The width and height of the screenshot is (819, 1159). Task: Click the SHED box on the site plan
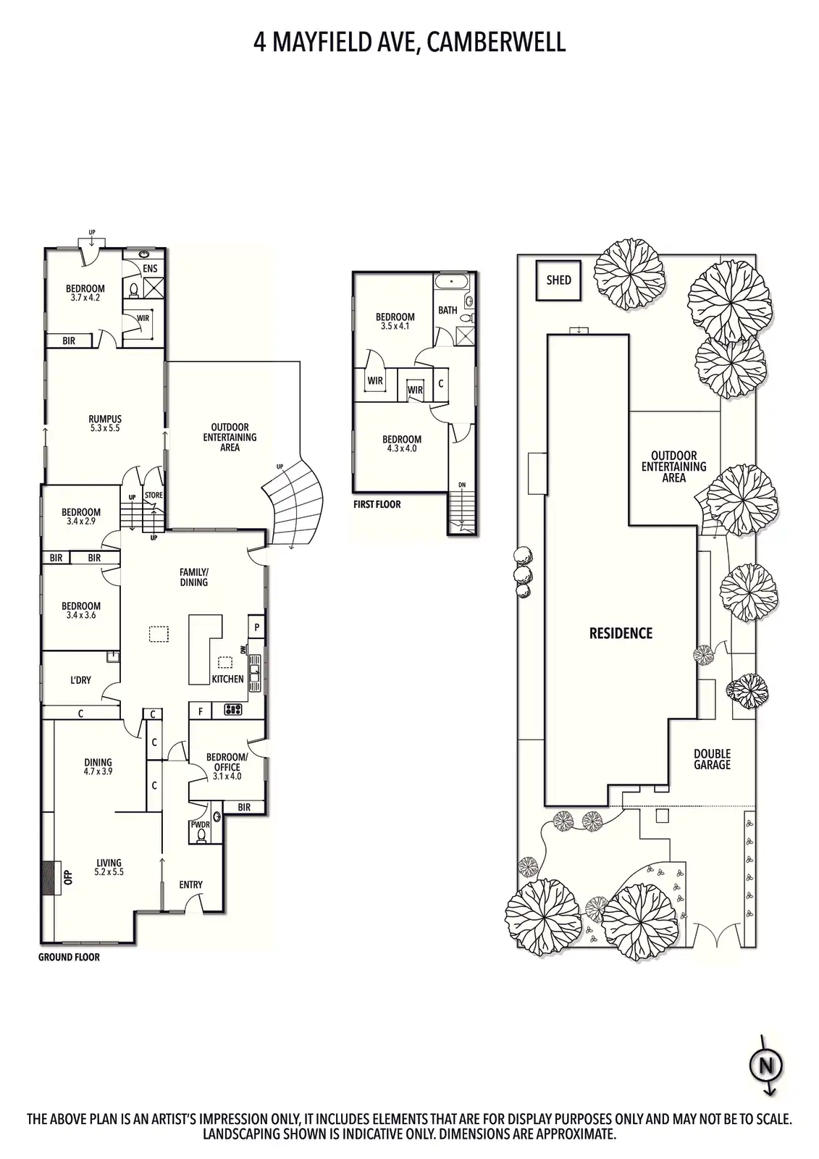[558, 280]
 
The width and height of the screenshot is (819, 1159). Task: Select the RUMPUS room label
[105, 419]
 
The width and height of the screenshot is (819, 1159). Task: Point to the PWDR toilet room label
[200, 825]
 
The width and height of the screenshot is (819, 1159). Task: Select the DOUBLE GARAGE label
[712, 759]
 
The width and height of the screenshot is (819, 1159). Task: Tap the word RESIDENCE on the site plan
[621, 633]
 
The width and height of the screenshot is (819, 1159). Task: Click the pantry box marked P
[256, 627]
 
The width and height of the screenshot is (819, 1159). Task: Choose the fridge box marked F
[200, 711]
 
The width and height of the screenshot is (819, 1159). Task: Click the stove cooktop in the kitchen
[232, 710]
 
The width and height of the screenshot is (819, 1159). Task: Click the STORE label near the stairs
[154, 495]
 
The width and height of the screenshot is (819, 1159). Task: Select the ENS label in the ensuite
[150, 269]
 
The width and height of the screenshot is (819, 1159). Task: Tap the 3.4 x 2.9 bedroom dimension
[81, 521]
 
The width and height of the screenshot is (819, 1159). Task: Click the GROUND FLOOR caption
[69, 958]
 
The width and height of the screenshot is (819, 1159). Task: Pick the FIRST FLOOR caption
[377, 504]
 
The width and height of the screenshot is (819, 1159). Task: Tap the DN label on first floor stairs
[462, 485]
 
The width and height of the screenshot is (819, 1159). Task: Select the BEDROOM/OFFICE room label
[227, 762]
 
